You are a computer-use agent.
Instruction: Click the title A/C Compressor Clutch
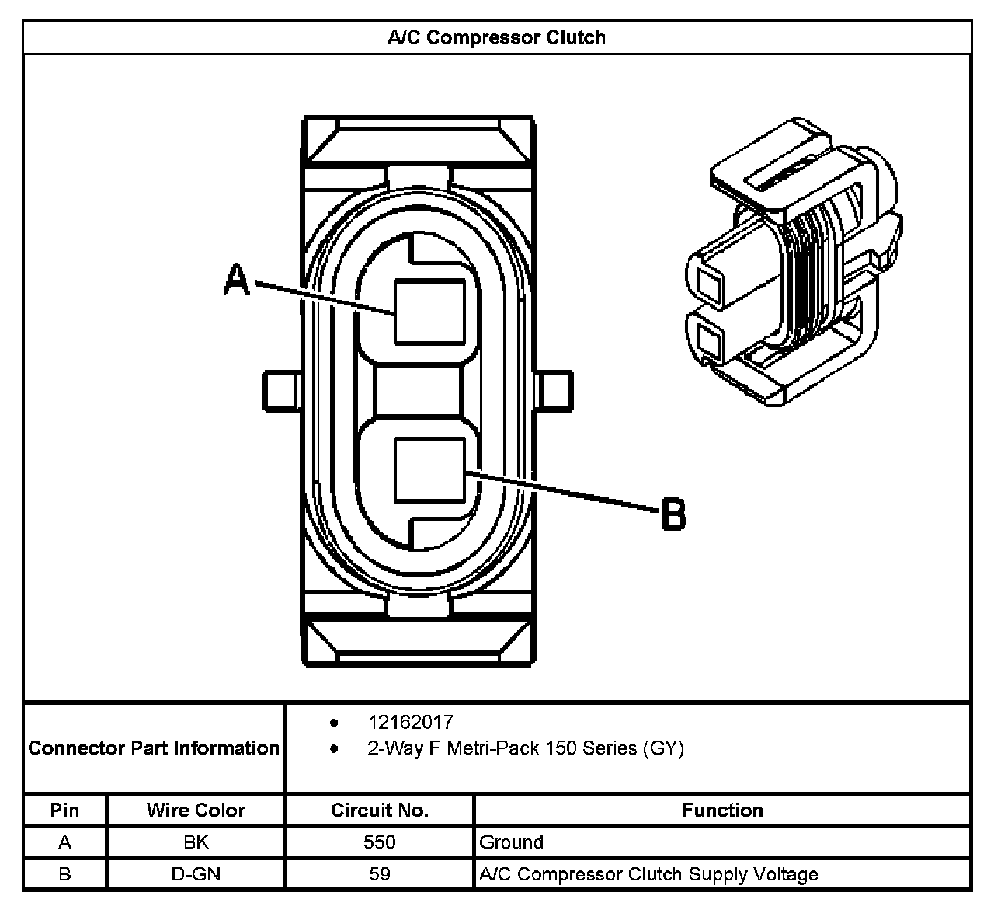496,37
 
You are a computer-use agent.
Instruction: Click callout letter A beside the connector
237,280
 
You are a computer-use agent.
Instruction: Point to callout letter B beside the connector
673,514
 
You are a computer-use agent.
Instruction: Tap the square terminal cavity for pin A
429,312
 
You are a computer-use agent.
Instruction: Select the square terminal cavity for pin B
429,470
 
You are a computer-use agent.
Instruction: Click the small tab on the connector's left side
281,390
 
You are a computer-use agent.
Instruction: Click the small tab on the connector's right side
554,390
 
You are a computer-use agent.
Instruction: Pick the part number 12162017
410,722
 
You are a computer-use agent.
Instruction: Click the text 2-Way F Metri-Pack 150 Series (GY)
525,748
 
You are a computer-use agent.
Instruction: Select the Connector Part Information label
154,748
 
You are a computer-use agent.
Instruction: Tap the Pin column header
64,810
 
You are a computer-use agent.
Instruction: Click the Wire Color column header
196,810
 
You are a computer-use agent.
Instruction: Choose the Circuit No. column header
380,810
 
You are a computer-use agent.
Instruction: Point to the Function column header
722,810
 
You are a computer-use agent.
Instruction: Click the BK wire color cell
196,842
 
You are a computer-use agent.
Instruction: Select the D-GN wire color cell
196,873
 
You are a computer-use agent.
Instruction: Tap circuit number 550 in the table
380,842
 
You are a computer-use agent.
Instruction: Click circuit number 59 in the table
380,873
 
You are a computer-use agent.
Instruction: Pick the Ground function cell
512,842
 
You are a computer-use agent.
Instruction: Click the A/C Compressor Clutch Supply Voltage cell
648,873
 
